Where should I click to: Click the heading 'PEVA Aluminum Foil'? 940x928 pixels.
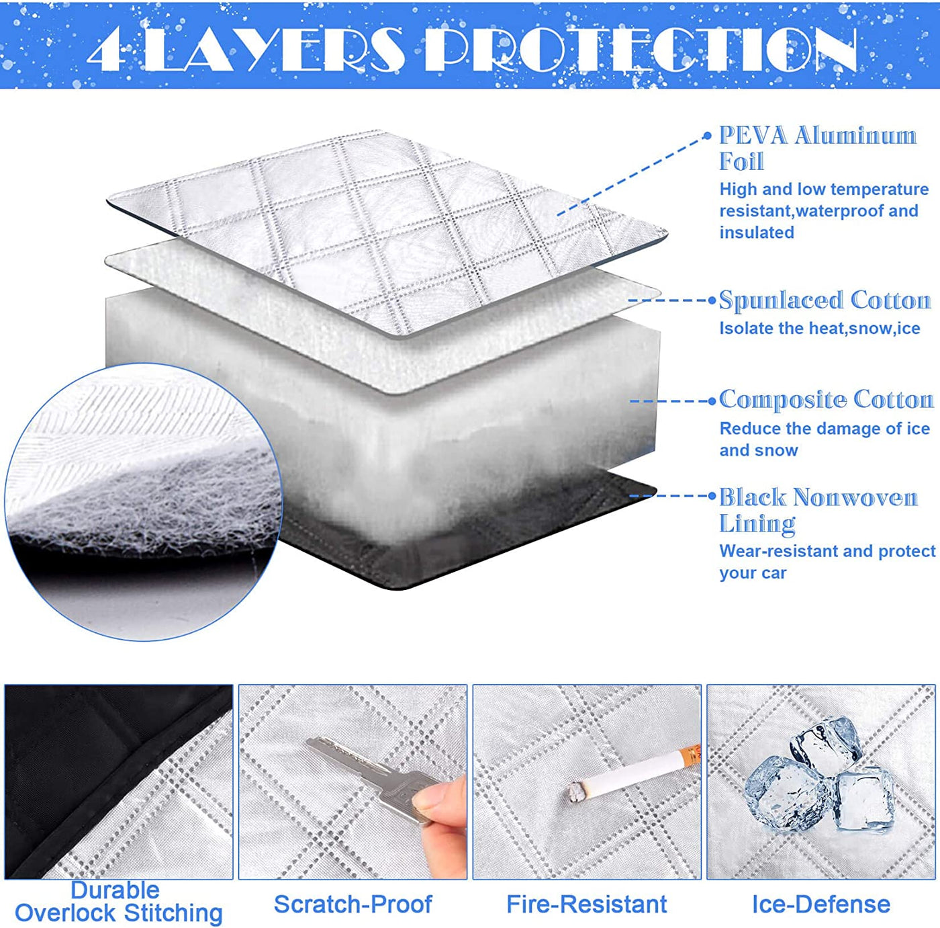tap(816, 148)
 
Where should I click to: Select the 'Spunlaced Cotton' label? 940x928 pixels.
tap(825, 300)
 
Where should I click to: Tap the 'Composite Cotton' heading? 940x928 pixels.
tap(826, 400)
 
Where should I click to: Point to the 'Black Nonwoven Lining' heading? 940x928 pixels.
tap(818, 510)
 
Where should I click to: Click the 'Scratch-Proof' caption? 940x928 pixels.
tap(352, 904)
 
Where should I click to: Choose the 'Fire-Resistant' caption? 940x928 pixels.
tap(587, 904)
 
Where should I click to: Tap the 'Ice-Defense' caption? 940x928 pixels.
tap(820, 904)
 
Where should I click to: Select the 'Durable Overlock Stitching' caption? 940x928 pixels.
tap(118, 902)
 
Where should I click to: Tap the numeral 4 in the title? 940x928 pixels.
tap(106, 51)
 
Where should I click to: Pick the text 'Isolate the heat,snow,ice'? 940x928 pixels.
tap(819, 329)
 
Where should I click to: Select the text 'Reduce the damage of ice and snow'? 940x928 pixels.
tap(824, 439)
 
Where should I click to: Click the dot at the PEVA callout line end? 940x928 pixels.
tap(707, 136)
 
